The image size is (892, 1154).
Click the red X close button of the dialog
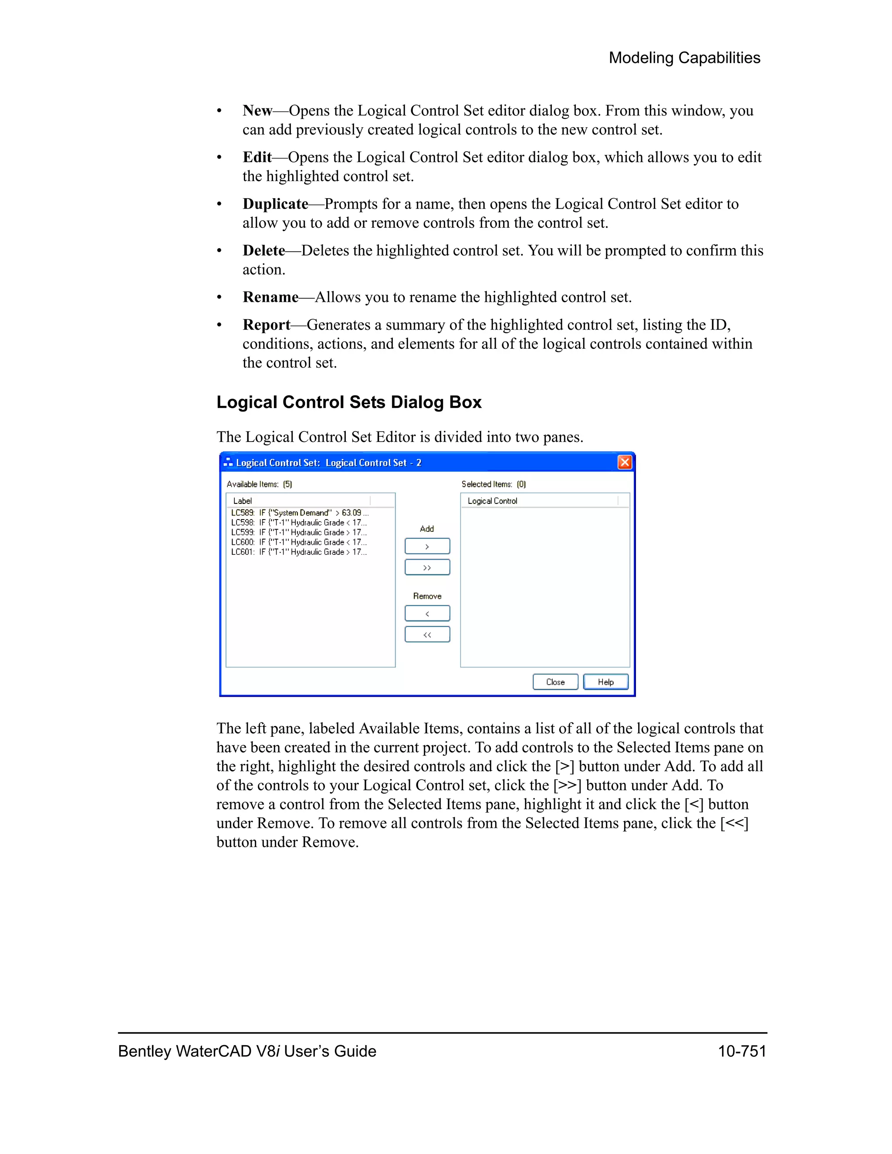pos(625,462)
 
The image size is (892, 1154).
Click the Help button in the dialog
pos(605,682)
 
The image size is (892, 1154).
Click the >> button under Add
pos(427,567)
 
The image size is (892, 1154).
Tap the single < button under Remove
pos(427,614)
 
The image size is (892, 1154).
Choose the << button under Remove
pos(427,634)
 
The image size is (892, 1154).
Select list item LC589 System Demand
pos(300,513)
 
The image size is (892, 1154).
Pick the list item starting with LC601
pos(298,552)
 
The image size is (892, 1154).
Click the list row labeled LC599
pos(298,532)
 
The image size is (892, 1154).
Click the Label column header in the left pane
pos(243,501)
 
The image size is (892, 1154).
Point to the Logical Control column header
pos(493,501)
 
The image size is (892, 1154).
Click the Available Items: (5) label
pos(259,484)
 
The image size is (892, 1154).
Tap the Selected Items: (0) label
pos(493,484)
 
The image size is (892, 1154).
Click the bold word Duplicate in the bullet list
pos(275,204)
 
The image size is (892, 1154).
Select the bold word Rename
pos(270,297)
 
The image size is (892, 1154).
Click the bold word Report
pos(266,324)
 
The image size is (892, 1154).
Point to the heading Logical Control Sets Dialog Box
pos(349,402)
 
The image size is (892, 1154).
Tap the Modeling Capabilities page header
pos(684,57)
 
